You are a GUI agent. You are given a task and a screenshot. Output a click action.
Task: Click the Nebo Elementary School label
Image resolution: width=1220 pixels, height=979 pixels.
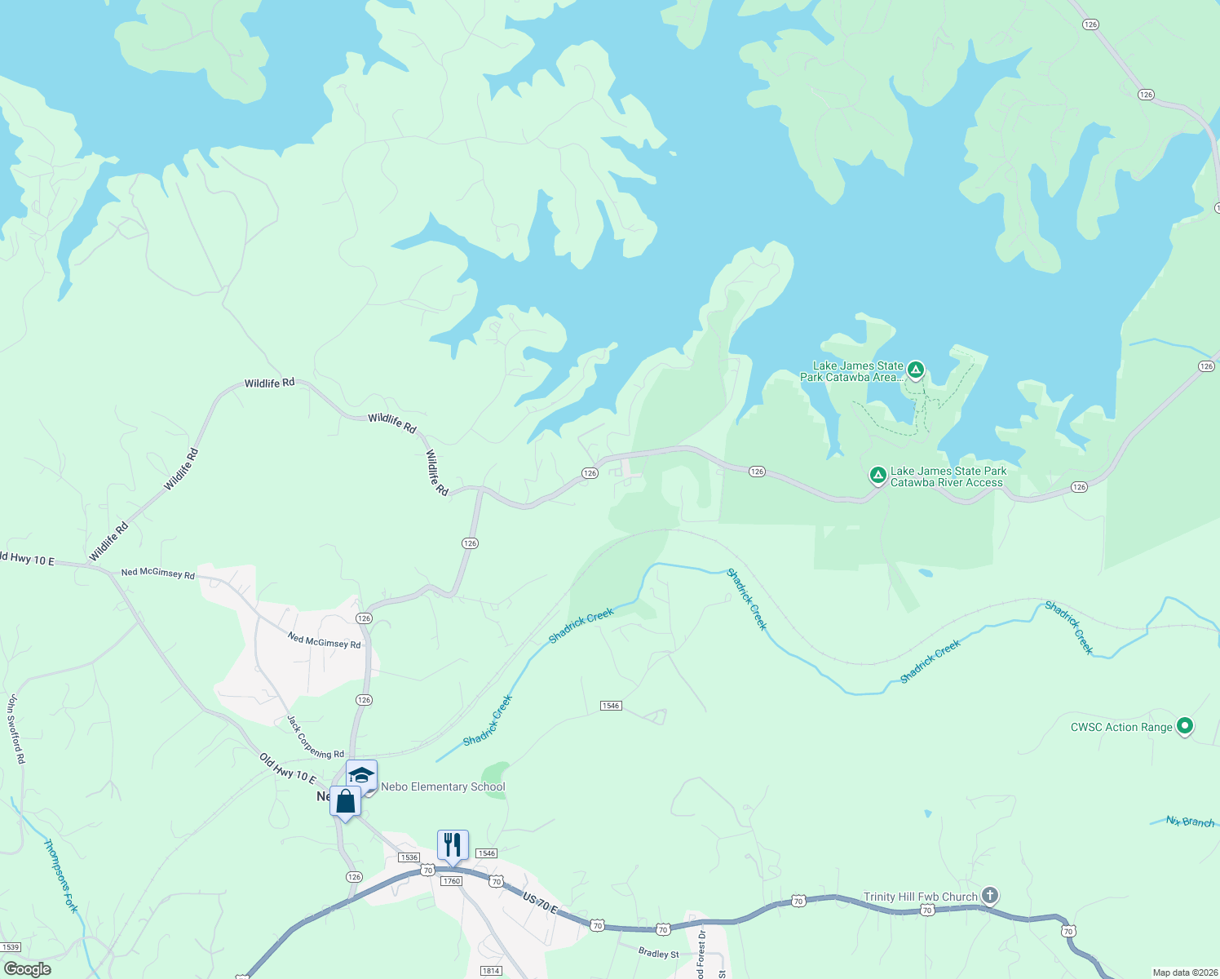pos(443,787)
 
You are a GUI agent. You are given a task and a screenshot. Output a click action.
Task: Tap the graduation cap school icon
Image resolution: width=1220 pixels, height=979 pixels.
pos(361,774)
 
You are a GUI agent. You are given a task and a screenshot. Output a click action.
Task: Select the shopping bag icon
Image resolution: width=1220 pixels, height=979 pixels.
pos(345,801)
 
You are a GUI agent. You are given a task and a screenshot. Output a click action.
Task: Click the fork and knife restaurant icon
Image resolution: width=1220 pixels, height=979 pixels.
pos(453,844)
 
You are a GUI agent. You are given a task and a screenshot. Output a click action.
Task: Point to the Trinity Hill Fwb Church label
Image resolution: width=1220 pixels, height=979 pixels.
pos(921,897)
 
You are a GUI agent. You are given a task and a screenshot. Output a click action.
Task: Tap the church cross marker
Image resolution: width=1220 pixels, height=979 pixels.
pos(989,896)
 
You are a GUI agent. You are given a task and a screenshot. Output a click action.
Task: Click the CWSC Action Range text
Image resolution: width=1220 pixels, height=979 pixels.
pos(1121,727)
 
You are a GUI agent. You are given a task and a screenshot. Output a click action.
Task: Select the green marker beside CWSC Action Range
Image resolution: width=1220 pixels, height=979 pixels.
pos(1186,725)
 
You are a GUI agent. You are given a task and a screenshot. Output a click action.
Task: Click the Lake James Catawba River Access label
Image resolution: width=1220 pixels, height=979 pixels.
pos(948,476)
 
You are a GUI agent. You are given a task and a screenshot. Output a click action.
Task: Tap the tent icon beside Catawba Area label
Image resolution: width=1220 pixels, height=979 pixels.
pos(916,371)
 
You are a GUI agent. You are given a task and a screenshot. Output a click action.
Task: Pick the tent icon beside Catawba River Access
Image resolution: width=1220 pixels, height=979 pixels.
pos(877,475)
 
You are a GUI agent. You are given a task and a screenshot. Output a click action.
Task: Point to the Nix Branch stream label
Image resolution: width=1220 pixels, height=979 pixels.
pos(1190,822)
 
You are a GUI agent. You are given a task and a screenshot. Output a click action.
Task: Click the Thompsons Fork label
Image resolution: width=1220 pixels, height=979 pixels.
pos(60,875)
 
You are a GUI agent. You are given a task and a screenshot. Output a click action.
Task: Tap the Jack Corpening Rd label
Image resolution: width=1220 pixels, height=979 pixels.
pos(316,737)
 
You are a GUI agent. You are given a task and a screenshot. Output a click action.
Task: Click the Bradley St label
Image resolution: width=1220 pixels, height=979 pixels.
pos(658,953)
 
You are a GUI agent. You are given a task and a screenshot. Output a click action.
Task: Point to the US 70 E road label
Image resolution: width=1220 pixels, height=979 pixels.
pos(540,903)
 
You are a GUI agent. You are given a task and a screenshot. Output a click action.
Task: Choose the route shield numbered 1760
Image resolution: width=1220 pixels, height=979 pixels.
pos(451,881)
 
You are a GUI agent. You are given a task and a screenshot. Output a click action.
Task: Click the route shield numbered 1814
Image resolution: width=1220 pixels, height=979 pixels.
pos(491,970)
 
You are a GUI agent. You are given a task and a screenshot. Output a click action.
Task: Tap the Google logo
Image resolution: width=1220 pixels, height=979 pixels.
pos(27,969)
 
